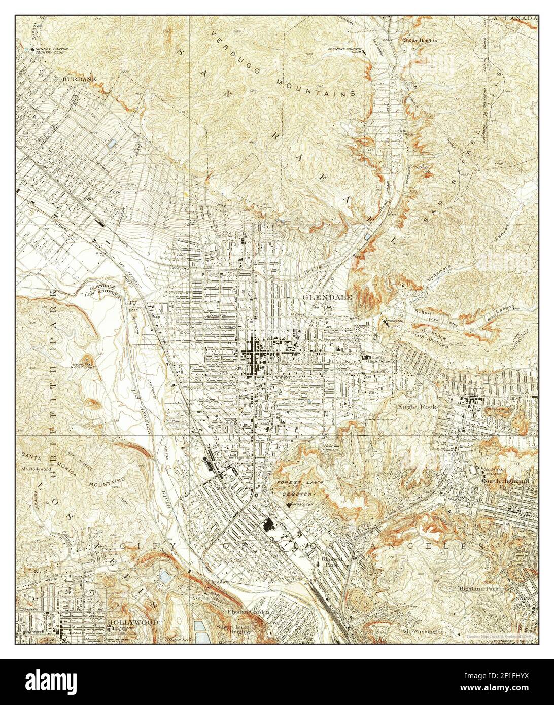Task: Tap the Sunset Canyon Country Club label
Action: (51, 51)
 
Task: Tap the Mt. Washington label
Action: (425, 631)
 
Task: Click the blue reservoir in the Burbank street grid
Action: (112, 144)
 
